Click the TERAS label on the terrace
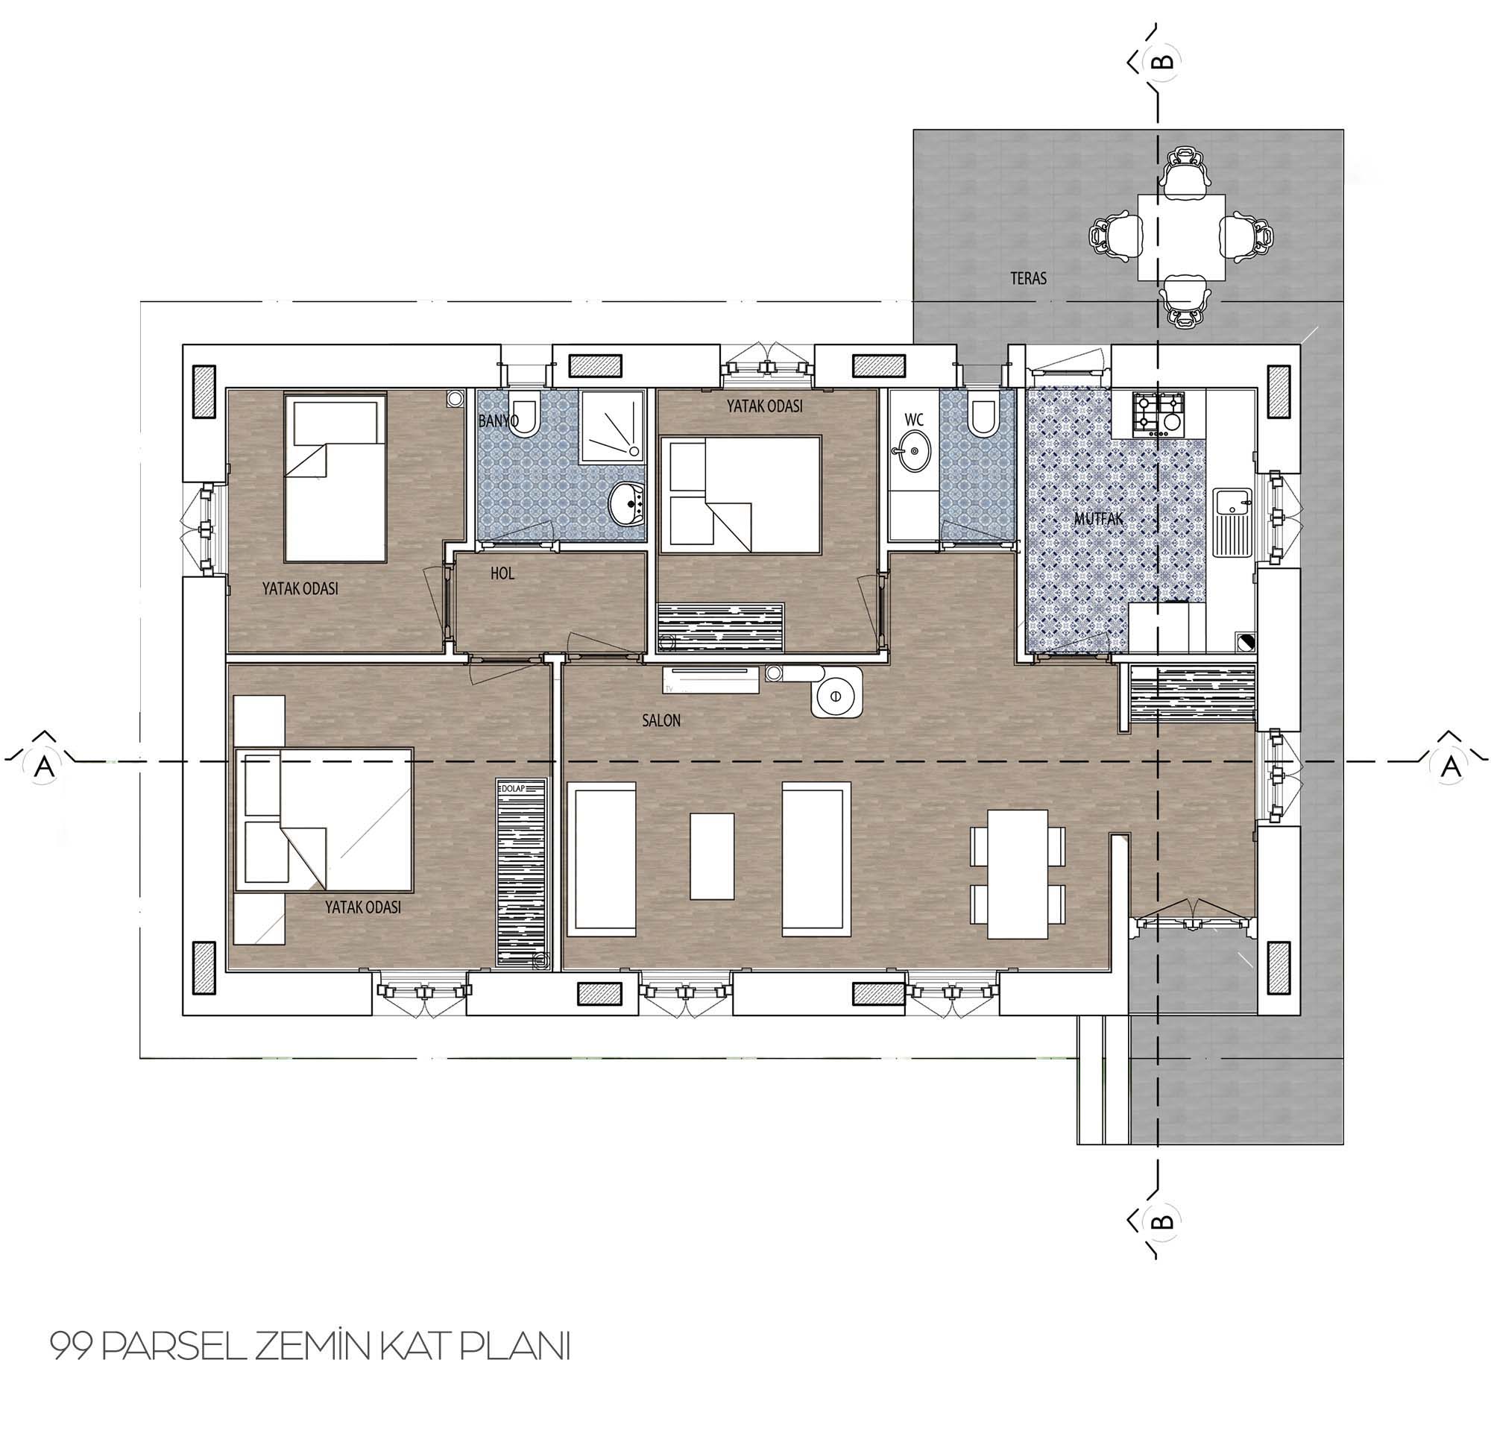1028,279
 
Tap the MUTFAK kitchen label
1097,519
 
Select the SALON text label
661,720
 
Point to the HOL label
502,573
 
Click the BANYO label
498,420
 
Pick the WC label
914,420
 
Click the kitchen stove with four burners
1159,414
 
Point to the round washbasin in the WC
910,451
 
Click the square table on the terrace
1182,237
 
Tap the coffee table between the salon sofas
712,856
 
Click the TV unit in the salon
710,679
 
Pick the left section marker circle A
45,767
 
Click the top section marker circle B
1164,60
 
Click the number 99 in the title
72,1347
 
